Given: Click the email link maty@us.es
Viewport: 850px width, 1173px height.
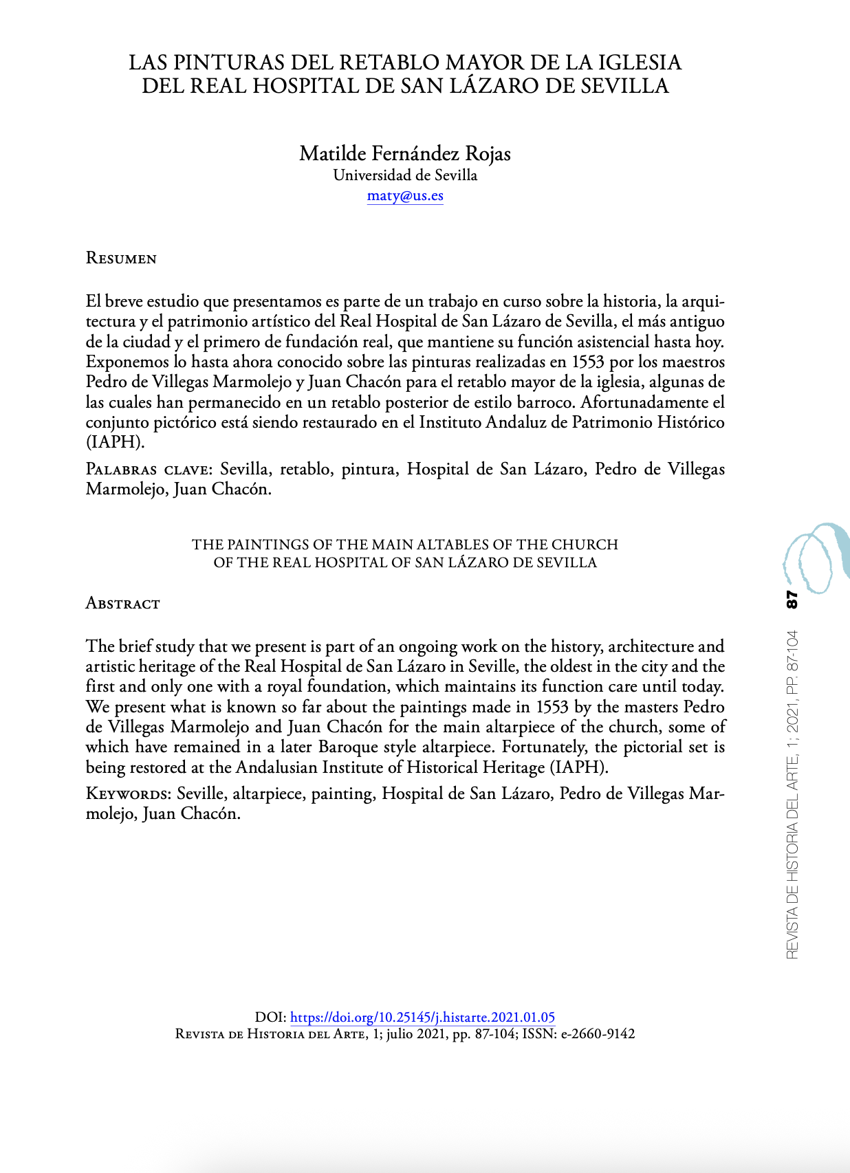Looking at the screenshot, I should coord(405,195).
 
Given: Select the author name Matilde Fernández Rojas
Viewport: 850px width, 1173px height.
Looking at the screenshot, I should coord(404,153).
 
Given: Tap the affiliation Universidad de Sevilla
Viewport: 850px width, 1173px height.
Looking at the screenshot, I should coord(405,175).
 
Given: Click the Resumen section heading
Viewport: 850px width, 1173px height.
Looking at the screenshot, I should coord(121,259).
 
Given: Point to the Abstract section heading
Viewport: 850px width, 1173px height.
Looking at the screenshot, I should coord(122,604).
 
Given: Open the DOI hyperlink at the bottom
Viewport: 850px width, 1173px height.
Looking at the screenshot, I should coord(422,1017).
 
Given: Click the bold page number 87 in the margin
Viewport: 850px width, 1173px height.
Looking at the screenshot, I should coord(792,599).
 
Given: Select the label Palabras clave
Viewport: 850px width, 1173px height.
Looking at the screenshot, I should coord(147,470).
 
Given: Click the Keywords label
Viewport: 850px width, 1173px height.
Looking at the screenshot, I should coord(128,794).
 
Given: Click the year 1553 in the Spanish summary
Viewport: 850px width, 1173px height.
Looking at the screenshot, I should coord(588,362).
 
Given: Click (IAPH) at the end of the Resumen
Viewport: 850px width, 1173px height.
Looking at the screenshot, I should coord(114,442).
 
